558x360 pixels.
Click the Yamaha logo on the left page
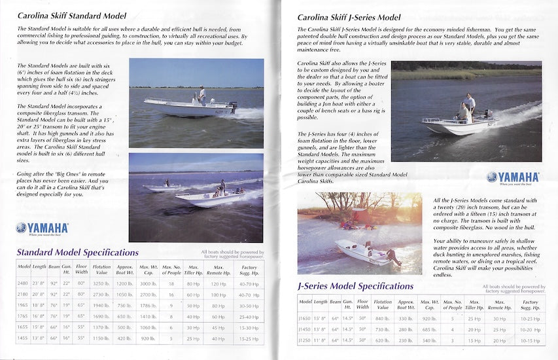coord(42,228)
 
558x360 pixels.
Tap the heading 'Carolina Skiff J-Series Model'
coord(349,18)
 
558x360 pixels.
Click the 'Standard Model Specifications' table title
coord(77,253)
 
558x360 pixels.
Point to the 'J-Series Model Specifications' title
coord(355,286)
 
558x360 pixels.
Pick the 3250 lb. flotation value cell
coord(101,283)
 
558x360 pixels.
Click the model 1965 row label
coord(24,305)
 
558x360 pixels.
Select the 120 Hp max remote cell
coord(218,283)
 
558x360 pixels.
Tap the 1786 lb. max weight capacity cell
coord(148,305)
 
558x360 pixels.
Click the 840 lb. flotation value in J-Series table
coord(383,318)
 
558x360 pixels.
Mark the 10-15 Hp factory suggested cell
coord(530,340)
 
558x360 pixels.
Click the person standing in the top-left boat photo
coord(202,95)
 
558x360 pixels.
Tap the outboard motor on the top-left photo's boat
coord(232,105)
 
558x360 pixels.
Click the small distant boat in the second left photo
coord(163,187)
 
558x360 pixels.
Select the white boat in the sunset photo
coord(360,252)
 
